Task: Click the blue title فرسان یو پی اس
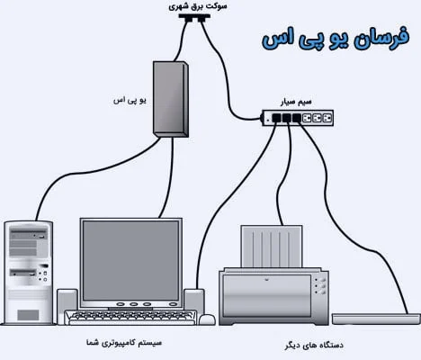pyautogui.click(x=336, y=39)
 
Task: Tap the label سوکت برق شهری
pyautogui.click(x=198, y=6)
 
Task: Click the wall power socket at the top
pyautogui.click(x=194, y=18)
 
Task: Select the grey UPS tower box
pyautogui.click(x=171, y=99)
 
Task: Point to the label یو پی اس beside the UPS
pyautogui.click(x=130, y=100)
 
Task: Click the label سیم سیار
pyautogui.click(x=296, y=103)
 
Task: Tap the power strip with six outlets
pyautogui.click(x=298, y=118)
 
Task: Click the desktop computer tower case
pyautogui.click(x=29, y=273)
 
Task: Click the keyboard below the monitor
pyautogui.click(x=130, y=318)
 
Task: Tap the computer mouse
pyautogui.click(x=207, y=319)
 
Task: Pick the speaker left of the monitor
pyautogui.click(x=67, y=300)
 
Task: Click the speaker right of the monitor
pyautogui.click(x=194, y=301)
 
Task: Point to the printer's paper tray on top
pyautogui.click(x=272, y=247)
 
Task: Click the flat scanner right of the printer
pyautogui.click(x=376, y=319)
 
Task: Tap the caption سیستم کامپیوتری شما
pyautogui.click(x=124, y=343)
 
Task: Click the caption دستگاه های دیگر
pyautogui.click(x=314, y=345)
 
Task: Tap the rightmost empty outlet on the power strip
pyautogui.click(x=327, y=118)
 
